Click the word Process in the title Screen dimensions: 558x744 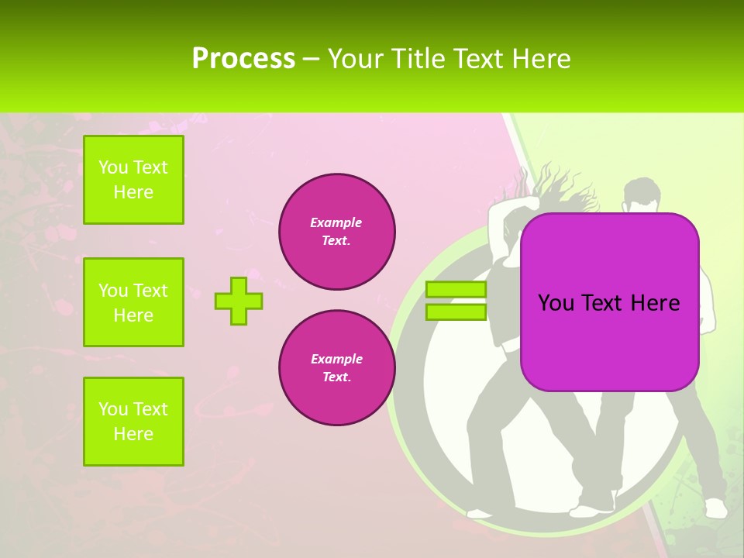pyautogui.click(x=243, y=59)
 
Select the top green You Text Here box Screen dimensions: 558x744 pyautogui.click(x=133, y=180)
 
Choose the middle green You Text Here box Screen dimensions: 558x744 pyautogui.click(x=133, y=302)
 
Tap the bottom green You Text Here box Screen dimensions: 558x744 pyautogui.click(x=133, y=422)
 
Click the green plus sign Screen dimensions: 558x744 pyautogui.click(x=239, y=301)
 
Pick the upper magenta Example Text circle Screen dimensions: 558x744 pyautogui.click(x=336, y=231)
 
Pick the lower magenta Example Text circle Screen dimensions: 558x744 pyautogui.click(x=336, y=367)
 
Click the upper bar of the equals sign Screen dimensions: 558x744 pyautogui.click(x=456, y=290)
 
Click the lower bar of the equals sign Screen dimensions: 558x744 pyautogui.click(x=456, y=312)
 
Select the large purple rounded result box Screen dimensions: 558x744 pyautogui.click(x=609, y=302)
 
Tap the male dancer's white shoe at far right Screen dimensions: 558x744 pyautogui.click(x=715, y=508)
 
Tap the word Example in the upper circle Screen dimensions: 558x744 pyautogui.click(x=336, y=222)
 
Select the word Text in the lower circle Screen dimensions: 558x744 pyautogui.click(x=336, y=377)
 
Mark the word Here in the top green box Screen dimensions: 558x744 pyautogui.click(x=133, y=192)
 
